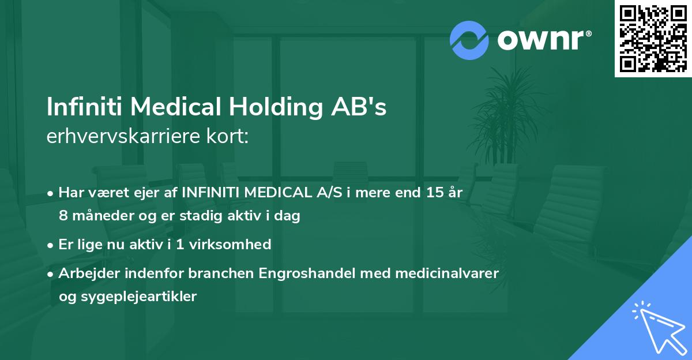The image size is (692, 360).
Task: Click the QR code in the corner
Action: click(653, 38)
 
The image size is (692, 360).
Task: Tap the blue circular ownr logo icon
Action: click(469, 40)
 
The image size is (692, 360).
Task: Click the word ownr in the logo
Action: click(540, 40)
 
